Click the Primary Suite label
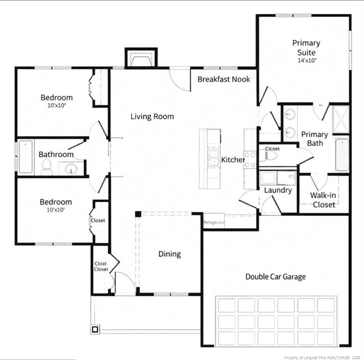(x=306, y=48)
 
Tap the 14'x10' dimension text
(x=307, y=60)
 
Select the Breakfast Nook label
(x=223, y=79)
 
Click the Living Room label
(x=152, y=116)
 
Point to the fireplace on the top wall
(x=140, y=59)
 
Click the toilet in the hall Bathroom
(x=46, y=166)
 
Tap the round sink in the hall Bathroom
(x=71, y=169)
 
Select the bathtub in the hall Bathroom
(x=25, y=157)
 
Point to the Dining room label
(x=169, y=254)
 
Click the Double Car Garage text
(x=275, y=277)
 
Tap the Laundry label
(x=278, y=190)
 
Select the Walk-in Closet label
(x=323, y=200)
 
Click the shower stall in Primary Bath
(x=341, y=119)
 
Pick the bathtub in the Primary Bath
(x=342, y=154)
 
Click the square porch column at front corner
(x=95, y=329)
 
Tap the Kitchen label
(x=233, y=160)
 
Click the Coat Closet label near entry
(x=101, y=266)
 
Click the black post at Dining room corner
(x=138, y=214)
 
